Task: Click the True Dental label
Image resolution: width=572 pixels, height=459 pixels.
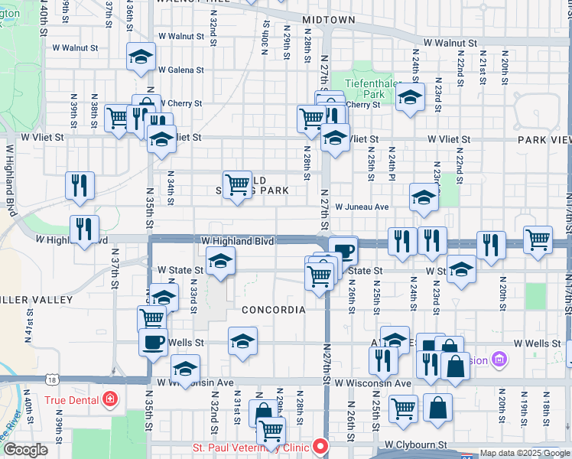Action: (71, 399)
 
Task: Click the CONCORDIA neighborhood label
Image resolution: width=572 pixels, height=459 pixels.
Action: (273, 310)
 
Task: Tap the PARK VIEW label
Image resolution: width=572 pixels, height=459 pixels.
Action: (544, 140)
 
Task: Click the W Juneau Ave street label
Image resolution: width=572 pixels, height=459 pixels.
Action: (362, 207)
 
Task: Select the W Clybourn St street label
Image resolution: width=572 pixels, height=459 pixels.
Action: (415, 444)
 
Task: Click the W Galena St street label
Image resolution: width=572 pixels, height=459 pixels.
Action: (180, 70)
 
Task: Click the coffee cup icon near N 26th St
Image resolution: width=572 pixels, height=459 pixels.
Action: (344, 249)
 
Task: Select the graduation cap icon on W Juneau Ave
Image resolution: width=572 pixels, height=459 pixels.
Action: (423, 197)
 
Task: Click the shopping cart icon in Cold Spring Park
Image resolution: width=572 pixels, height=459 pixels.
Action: (238, 184)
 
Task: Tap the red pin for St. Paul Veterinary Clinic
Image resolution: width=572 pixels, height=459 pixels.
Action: (320, 447)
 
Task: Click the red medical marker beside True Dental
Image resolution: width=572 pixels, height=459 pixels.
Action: (110, 399)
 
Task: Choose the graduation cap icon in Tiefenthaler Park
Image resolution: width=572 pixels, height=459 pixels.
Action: (410, 97)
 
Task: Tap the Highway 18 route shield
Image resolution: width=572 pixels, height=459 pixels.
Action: (51, 379)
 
